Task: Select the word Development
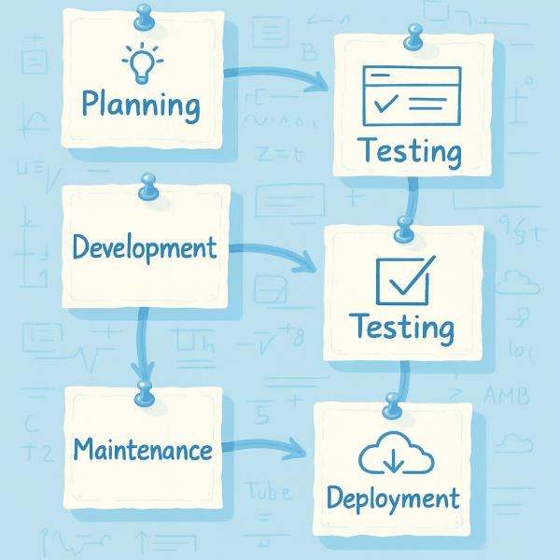click(x=145, y=248)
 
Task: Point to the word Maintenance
click(x=143, y=450)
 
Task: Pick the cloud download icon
click(x=393, y=457)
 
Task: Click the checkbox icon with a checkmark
click(x=402, y=279)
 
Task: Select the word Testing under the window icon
click(x=411, y=150)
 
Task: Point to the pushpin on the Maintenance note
click(x=144, y=393)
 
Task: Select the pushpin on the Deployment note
click(x=392, y=406)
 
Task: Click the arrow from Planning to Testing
click(x=280, y=75)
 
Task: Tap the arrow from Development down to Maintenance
click(x=142, y=345)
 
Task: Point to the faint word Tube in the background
click(x=270, y=492)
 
